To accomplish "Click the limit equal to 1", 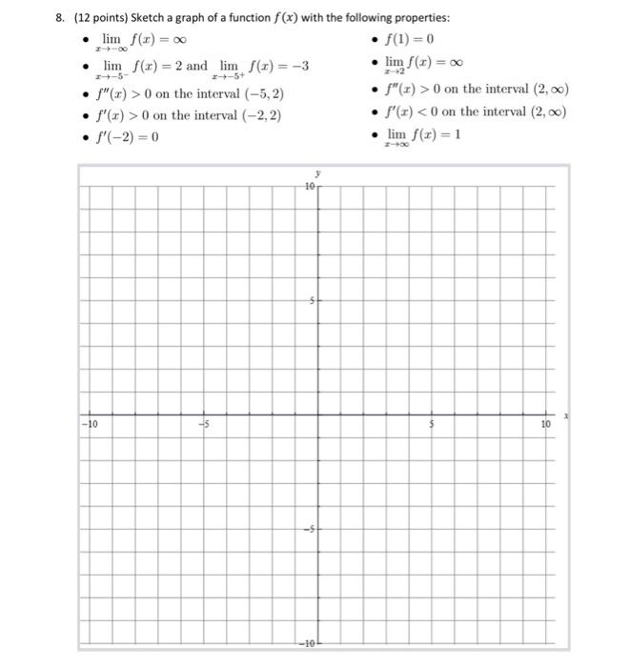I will pyautogui.click(x=423, y=136).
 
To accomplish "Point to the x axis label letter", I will pyautogui.click(x=565, y=415).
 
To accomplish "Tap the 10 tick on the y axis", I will pyautogui.click(x=309, y=187).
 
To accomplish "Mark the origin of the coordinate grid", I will pyautogui.click(x=317, y=414).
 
